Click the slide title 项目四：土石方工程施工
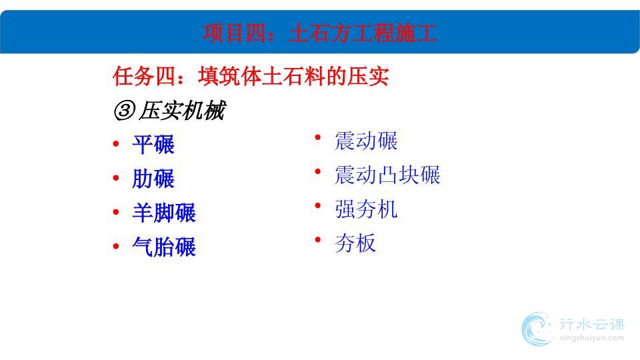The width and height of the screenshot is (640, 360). click(x=319, y=33)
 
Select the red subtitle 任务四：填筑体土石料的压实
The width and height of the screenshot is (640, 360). click(x=251, y=76)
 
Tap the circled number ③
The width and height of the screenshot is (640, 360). click(x=124, y=111)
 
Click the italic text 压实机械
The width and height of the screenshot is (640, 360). click(x=181, y=111)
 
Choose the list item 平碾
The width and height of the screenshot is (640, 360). click(x=153, y=145)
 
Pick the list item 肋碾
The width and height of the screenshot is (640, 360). click(x=153, y=179)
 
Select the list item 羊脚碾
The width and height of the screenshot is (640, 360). click(x=164, y=213)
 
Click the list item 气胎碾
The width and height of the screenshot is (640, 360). click(x=164, y=247)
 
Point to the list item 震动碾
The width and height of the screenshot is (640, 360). click(x=366, y=141)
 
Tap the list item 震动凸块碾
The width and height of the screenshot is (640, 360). click(x=387, y=175)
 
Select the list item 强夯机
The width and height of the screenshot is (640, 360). click(x=366, y=209)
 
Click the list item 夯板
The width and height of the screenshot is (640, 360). click(x=355, y=244)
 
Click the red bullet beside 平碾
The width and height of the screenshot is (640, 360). click(x=116, y=144)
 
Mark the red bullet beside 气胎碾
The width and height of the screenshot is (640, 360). click(x=116, y=246)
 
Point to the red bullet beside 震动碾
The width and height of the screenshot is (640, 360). click(x=318, y=137)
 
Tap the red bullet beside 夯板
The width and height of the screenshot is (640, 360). click(x=318, y=240)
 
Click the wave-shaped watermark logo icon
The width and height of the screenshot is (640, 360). click(x=537, y=329)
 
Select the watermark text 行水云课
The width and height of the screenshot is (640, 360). click(x=592, y=325)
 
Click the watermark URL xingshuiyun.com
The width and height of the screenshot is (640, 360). click(x=592, y=338)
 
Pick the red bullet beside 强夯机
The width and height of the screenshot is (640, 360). click(x=318, y=206)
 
